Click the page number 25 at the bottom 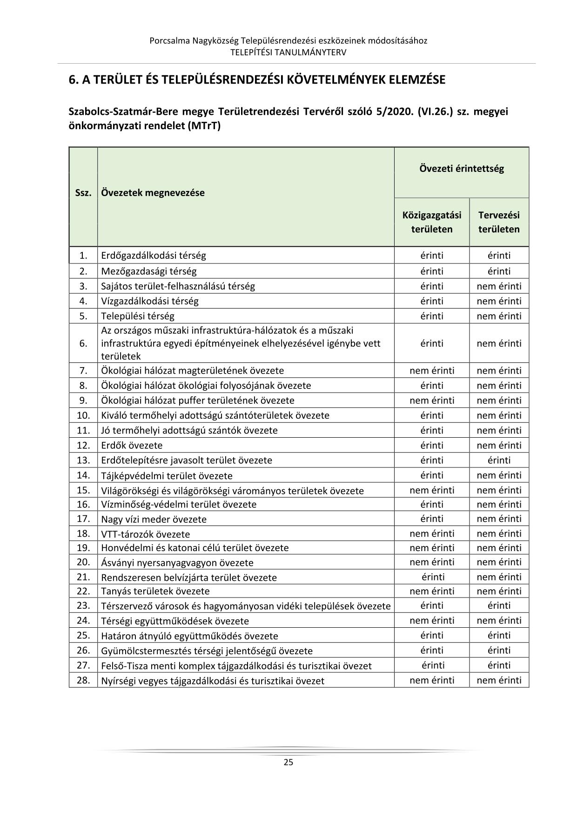[x=288, y=762]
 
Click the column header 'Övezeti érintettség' [x=461, y=169]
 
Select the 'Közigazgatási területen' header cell [x=432, y=222]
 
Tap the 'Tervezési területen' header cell [x=499, y=222]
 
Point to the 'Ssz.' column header [x=83, y=193]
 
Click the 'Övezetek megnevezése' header [x=153, y=193]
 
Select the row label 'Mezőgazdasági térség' [x=149, y=271]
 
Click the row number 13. [x=83, y=460]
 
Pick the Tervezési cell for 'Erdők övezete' [x=499, y=445]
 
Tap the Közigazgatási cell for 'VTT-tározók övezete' [x=432, y=533]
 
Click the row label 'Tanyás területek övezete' [x=155, y=591]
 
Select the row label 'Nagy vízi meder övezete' [x=154, y=519]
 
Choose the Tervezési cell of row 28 [x=499, y=680]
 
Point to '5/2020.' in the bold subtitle [x=397, y=112]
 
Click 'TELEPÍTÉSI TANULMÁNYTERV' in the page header [x=288, y=52]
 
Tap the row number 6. [x=83, y=343]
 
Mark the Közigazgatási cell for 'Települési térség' [x=432, y=316]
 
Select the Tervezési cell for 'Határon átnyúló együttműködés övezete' [x=499, y=635]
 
